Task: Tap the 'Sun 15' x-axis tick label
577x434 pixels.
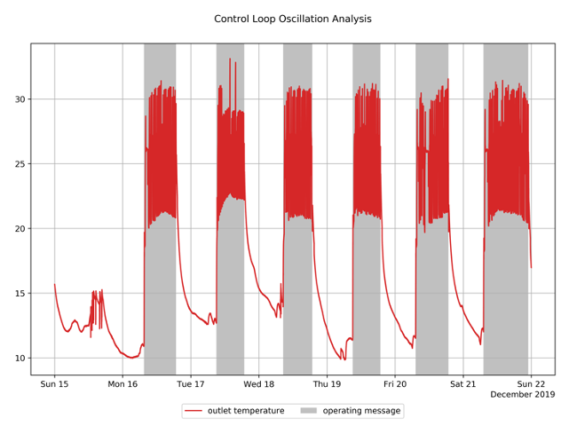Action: click(x=54, y=384)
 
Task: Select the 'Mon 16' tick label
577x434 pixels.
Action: click(x=123, y=384)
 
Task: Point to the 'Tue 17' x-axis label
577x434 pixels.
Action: click(x=191, y=384)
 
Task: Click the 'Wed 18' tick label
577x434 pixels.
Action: click(x=259, y=384)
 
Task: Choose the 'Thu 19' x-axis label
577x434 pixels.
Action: click(x=327, y=384)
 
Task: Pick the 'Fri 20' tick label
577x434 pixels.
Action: click(x=395, y=384)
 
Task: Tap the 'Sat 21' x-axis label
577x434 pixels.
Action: click(x=463, y=384)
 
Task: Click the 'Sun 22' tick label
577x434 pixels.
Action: click(x=531, y=384)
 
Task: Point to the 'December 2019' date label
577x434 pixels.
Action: click(x=522, y=395)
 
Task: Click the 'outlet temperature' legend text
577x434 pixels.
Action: click(x=246, y=411)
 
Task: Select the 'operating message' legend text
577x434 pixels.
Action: click(x=361, y=411)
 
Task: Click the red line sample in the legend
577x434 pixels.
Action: click(x=194, y=411)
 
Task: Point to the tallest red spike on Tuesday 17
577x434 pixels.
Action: click(x=230, y=60)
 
